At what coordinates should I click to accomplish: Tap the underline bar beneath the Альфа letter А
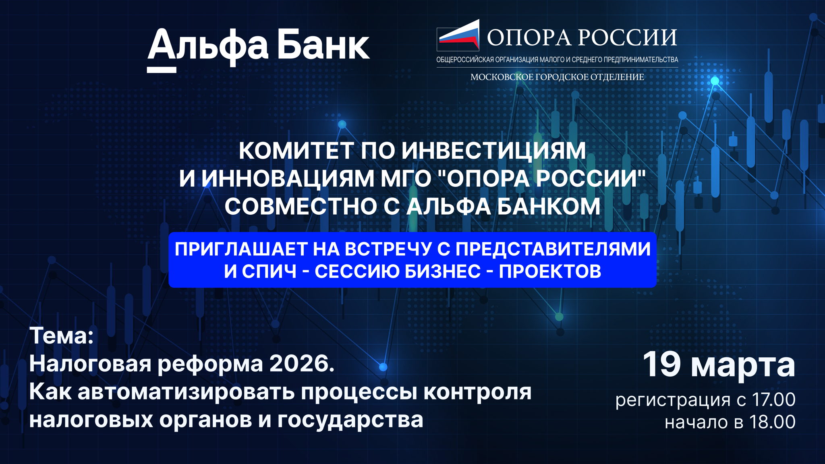pyautogui.click(x=162, y=70)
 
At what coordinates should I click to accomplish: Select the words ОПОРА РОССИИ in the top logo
pyautogui.click(x=582, y=38)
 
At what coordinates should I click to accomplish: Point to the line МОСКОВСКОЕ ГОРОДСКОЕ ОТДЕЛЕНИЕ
pyautogui.click(x=557, y=77)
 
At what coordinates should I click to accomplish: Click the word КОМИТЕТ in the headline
pyautogui.click(x=296, y=151)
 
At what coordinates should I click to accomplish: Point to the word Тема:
pyautogui.click(x=61, y=336)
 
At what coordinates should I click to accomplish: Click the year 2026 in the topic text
pyautogui.click(x=302, y=364)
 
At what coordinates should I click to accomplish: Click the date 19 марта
pyautogui.click(x=719, y=365)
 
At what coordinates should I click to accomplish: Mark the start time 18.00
pyautogui.click(x=772, y=422)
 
